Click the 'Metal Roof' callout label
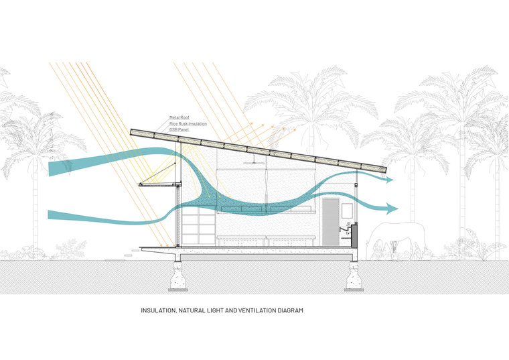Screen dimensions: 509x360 [x=179, y=117]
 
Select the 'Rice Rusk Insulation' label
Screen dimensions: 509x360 [x=188, y=124]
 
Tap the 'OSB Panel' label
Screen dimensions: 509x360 [x=179, y=129]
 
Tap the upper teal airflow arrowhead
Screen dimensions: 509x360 [x=388, y=179]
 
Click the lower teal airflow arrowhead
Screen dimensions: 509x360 [x=392, y=208]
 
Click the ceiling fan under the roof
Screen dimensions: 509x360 [x=254, y=162]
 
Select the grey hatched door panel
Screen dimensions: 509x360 [x=331, y=222]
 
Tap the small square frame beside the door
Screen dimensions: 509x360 [x=347, y=211]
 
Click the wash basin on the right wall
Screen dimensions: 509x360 [x=346, y=229]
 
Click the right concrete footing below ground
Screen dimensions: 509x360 [x=354, y=276]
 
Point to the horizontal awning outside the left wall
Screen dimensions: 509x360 [x=159, y=185]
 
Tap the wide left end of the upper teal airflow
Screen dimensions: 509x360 [x=51, y=169]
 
